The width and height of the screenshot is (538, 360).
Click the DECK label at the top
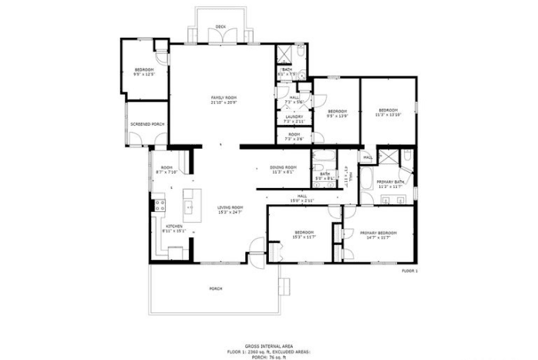click(220, 26)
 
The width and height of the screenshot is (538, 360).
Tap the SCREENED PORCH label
click(146, 124)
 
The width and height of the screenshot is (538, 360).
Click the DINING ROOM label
click(283, 167)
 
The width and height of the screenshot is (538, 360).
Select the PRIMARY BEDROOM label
click(378, 233)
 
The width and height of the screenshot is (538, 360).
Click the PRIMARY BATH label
click(390, 182)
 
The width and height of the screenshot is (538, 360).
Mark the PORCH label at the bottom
click(216, 288)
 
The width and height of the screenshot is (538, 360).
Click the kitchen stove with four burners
click(161, 206)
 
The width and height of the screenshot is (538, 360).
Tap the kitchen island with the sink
click(189, 207)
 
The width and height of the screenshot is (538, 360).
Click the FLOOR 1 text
click(409, 271)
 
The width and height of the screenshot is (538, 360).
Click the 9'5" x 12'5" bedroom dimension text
click(144, 74)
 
